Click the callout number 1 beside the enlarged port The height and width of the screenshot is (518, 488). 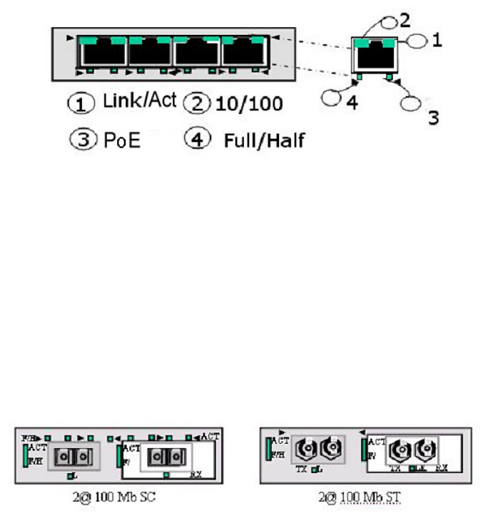[x=437, y=41]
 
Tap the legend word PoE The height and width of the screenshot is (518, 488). [x=121, y=140]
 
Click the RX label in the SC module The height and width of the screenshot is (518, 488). [x=195, y=472]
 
